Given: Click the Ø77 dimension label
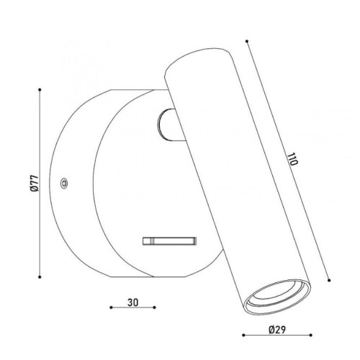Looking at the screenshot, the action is point(35,184).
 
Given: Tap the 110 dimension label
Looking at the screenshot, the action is point(292,159).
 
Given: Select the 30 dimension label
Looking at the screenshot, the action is point(132,302).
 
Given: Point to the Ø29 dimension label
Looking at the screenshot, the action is point(277,330).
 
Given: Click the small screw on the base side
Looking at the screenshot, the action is point(64,184).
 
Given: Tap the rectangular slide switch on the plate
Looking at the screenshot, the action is point(170,241).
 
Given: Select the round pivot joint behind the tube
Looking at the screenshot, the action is point(168,125).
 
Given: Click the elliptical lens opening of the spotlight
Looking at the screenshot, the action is point(277,297).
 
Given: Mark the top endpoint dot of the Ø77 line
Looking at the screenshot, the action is point(40,90).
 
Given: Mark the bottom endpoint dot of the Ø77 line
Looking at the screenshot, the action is point(40,277).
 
